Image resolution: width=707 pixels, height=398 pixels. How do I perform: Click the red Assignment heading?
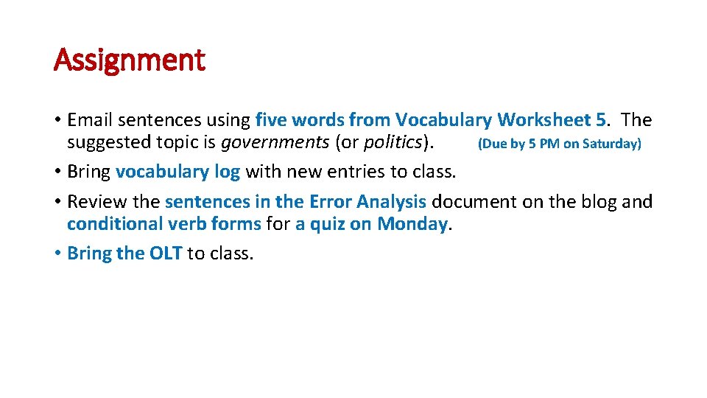pos(129,60)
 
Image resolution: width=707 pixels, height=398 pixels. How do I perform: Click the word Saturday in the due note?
pos(612,144)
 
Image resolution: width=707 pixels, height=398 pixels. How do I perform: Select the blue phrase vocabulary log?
pos(177,172)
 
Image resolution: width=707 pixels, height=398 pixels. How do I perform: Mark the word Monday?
pos(412,223)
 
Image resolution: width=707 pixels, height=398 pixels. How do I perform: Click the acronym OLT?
pos(166,254)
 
